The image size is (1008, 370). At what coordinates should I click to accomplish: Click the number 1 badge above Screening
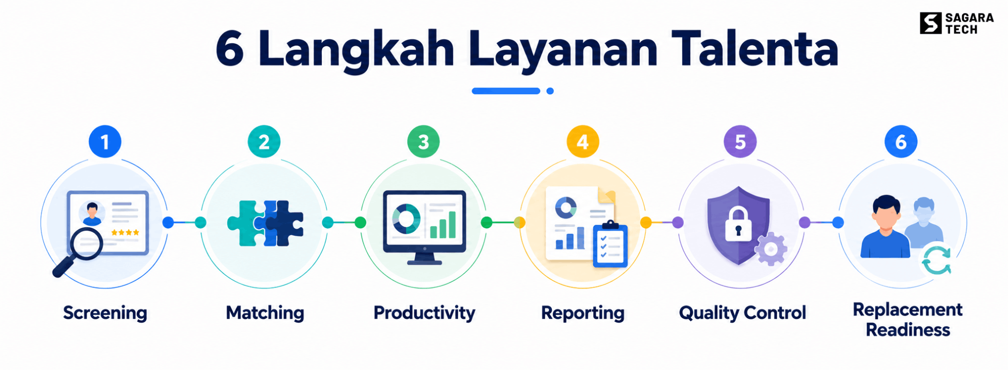click(105, 142)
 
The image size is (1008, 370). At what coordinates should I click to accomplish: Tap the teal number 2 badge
click(264, 142)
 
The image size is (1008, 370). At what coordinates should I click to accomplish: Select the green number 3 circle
click(424, 142)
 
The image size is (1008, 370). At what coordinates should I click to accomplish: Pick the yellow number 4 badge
click(583, 142)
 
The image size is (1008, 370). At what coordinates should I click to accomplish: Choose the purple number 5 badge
click(740, 142)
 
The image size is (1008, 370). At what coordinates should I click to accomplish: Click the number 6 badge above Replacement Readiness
click(901, 142)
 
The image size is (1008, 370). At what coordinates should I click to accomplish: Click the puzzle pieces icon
click(265, 223)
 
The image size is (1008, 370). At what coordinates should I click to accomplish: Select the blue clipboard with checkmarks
click(610, 245)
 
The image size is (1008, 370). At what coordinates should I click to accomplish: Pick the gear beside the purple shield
click(771, 249)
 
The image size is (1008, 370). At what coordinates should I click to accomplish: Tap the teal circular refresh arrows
click(937, 260)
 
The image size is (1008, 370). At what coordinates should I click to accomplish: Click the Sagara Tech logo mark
click(930, 23)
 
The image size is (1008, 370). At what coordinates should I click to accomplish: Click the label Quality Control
click(742, 313)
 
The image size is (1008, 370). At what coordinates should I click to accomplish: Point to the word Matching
click(265, 313)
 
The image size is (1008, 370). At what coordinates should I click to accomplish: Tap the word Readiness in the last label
click(908, 330)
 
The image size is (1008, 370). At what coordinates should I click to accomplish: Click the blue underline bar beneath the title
click(506, 91)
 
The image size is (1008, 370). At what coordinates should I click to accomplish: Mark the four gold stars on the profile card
click(125, 232)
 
